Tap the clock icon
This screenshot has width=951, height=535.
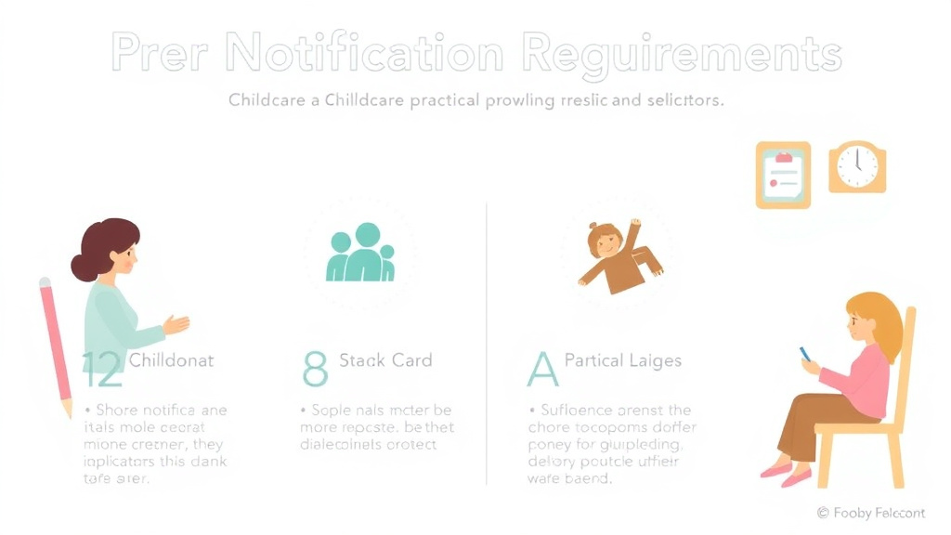856,167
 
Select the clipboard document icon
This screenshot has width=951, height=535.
783,174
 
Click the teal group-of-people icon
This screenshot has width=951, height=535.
361,253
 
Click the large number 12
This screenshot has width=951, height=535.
101,370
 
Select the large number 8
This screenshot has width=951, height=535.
316,369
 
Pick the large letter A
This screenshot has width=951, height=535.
542,369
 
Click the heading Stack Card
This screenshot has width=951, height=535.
385,359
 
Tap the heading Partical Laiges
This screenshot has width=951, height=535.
622,359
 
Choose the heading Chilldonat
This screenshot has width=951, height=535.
173,359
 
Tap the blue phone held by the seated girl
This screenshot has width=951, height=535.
805,355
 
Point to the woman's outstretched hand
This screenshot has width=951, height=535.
176,324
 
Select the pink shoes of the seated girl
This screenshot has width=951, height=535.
784,475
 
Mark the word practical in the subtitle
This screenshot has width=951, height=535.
432,100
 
